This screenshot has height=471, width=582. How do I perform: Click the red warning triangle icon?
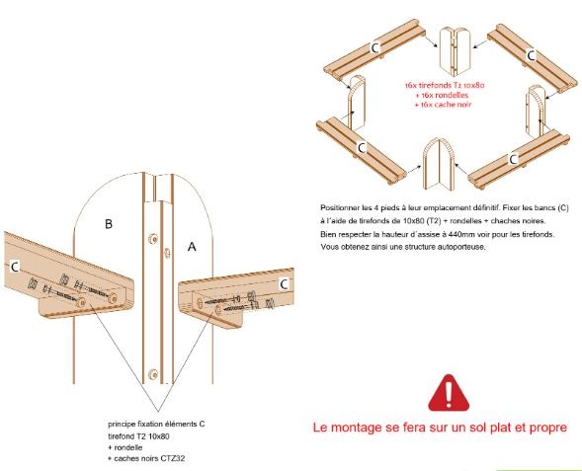pyautogui.click(x=449, y=393)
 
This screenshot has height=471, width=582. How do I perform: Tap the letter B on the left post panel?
pyautogui.click(x=109, y=223)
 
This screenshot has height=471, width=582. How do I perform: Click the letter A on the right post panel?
pyautogui.click(x=192, y=246)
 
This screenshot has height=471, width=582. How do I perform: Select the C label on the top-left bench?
pyautogui.click(x=375, y=47)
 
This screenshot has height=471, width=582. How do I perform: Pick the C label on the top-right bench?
pyautogui.click(x=532, y=55)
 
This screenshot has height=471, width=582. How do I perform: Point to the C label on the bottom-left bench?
pyautogui.click(x=361, y=148)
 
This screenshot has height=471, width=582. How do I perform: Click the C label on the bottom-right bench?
pyautogui.click(x=514, y=159)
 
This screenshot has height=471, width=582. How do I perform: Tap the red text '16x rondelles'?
pyautogui.click(x=444, y=95)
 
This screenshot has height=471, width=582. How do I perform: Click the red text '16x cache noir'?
pyautogui.click(x=444, y=105)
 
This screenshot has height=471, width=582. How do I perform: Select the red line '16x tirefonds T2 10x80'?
pyautogui.click(x=445, y=85)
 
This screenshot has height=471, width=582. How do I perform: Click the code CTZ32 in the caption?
pyautogui.click(x=173, y=458)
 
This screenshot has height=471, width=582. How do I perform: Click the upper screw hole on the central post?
pyautogui.click(x=152, y=239)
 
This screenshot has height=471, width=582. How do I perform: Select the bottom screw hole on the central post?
pyautogui.click(x=152, y=374)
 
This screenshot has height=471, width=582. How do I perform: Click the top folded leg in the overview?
pyautogui.click(x=455, y=51)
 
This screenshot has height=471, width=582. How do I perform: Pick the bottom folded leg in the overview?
pyautogui.click(x=439, y=164)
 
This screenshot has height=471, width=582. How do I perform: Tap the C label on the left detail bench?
pyautogui.click(x=15, y=267)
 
